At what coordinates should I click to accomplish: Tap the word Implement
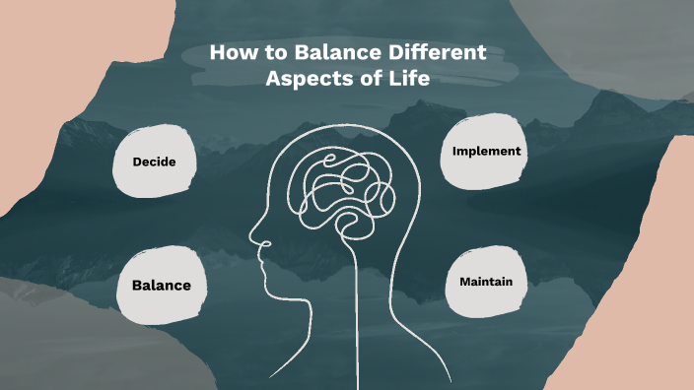click(x=486, y=152)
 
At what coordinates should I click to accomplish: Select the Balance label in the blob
click(x=162, y=286)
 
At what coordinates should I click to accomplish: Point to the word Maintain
click(x=486, y=283)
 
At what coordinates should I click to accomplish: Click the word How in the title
click(x=233, y=53)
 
